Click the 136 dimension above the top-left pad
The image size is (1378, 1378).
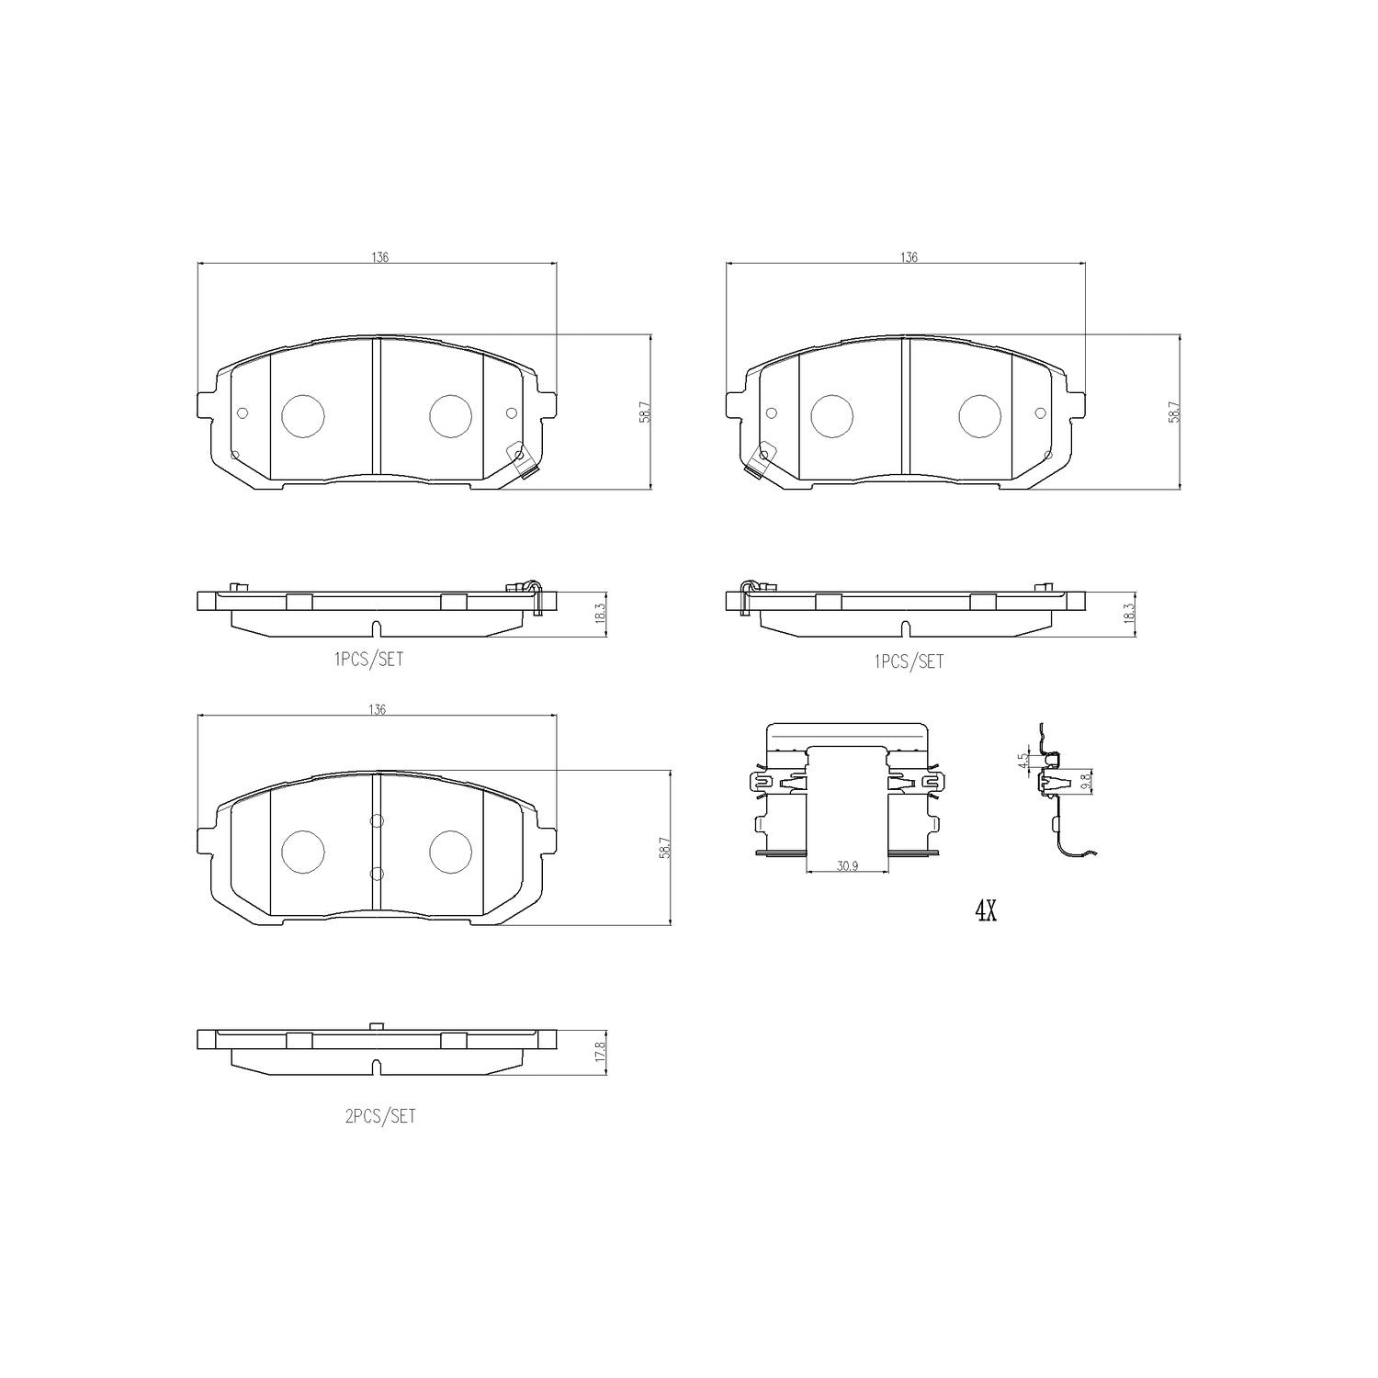(380, 257)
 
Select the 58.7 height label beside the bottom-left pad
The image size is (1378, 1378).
(664, 846)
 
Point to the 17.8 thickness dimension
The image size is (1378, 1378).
(600, 1052)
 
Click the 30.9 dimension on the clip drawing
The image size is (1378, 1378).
(846, 865)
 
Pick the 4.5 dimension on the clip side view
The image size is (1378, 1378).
(1022, 762)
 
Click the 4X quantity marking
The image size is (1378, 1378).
(985, 911)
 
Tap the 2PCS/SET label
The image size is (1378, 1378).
(379, 1116)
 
